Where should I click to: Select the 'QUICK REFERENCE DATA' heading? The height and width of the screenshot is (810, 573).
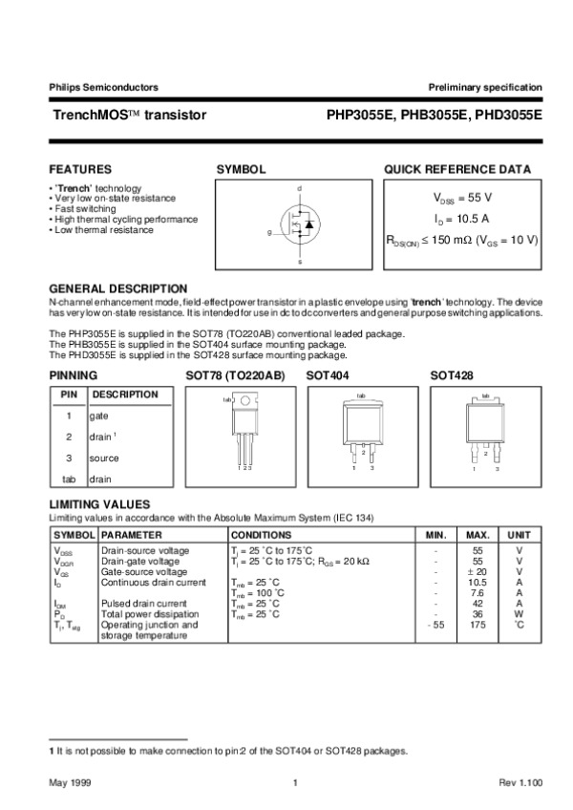coord(457,169)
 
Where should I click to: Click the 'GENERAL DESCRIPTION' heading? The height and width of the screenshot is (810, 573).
coord(117,288)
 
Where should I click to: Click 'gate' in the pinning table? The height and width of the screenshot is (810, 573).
coord(99,416)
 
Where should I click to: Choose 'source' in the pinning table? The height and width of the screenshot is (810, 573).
coord(104,458)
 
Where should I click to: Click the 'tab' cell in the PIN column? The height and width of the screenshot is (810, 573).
coord(69,479)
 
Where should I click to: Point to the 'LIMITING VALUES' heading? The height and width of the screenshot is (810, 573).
coord(98,502)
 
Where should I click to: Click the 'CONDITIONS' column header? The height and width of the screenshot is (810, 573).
coord(259,535)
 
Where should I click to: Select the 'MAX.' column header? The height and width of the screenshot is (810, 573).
coord(477,535)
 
